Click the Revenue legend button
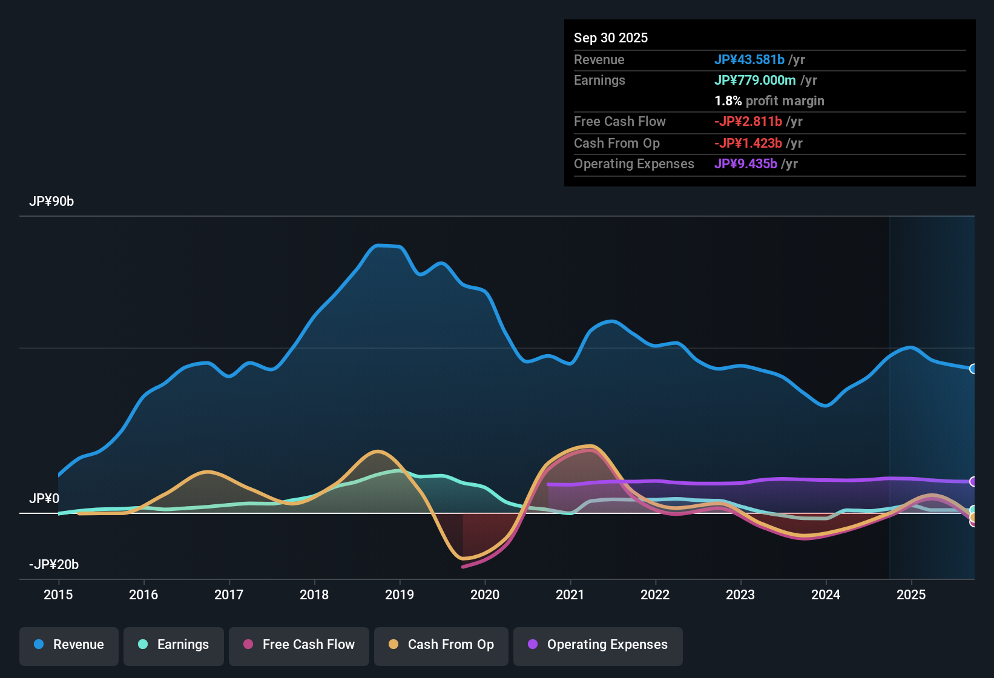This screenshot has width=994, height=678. [x=69, y=645]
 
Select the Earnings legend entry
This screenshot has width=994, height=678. [x=173, y=645]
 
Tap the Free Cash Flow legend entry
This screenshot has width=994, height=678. [x=299, y=645]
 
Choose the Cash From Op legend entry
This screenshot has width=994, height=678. [x=441, y=645]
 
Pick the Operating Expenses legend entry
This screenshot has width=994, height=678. [x=597, y=645]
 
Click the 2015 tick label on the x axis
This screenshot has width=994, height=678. [x=58, y=595]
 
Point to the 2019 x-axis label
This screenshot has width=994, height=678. [x=400, y=595]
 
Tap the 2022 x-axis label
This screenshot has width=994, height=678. [x=655, y=595]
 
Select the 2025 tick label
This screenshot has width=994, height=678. [x=911, y=595]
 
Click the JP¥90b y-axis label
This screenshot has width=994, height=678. [x=51, y=202]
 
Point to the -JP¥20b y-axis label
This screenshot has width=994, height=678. [x=54, y=565]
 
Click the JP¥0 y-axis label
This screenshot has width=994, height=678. [x=44, y=499]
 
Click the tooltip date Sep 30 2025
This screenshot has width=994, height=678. [x=611, y=38]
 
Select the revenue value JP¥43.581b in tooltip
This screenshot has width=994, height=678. [x=749, y=60]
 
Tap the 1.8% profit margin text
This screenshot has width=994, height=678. [x=769, y=101]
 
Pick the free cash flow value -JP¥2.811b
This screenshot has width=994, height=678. [x=748, y=122]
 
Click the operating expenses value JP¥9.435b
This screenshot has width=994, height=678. [x=746, y=164]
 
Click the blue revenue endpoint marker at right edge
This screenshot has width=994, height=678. [x=973, y=369]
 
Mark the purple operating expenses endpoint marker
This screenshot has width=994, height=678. [x=973, y=482]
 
